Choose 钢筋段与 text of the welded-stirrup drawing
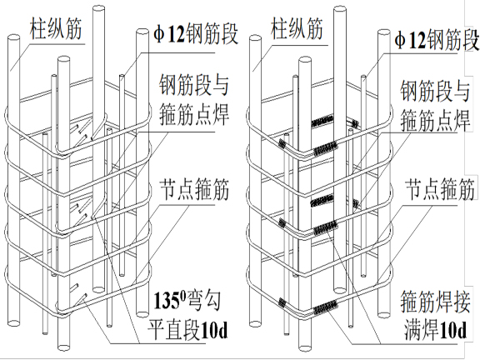pos(432,86)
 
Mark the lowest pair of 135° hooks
pos(83,291)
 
